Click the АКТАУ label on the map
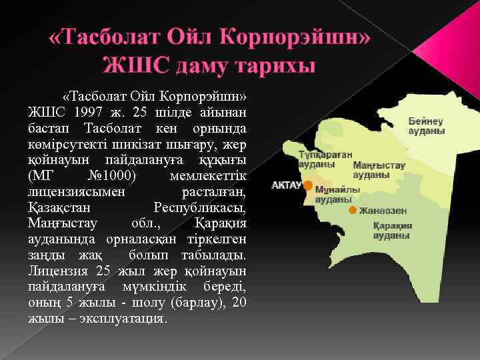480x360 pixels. click(286, 185)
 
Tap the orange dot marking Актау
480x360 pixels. click(308, 185)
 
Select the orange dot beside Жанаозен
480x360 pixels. click(352, 210)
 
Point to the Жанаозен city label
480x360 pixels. click(383, 211)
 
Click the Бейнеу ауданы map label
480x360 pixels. click(426, 126)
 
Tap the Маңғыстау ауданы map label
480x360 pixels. click(379, 169)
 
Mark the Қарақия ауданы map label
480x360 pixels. click(392, 230)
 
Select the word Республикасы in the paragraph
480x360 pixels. click(199, 207)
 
